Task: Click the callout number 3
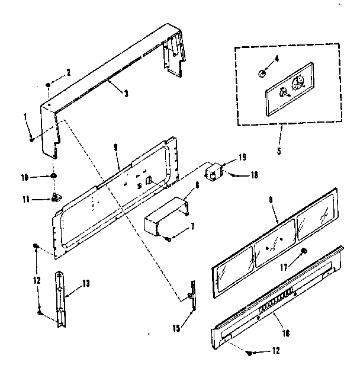point(126,92)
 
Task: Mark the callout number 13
point(86,284)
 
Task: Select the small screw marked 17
point(303,251)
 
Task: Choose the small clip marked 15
point(191,296)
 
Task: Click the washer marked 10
point(54,176)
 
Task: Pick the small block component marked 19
point(213,172)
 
